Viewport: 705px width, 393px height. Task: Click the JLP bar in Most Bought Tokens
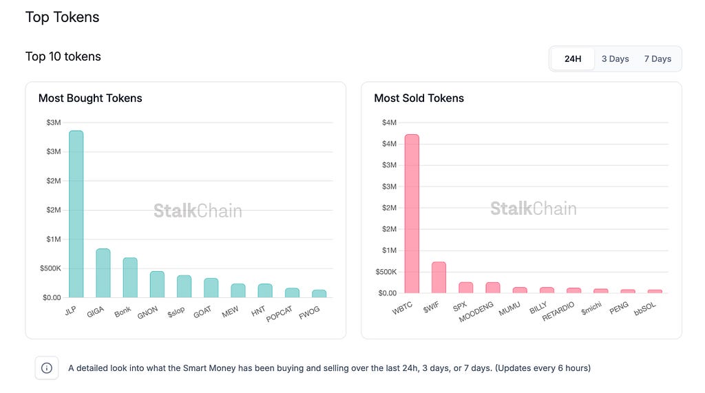tap(76, 214)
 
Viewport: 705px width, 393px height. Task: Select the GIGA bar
tap(103, 273)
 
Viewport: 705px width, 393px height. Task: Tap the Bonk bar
tap(130, 277)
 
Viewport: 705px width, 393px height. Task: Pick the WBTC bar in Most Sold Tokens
tap(412, 213)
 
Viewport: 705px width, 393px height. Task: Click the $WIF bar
tap(439, 277)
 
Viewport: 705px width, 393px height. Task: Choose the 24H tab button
tap(573, 59)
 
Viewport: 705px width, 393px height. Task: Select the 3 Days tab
tap(615, 59)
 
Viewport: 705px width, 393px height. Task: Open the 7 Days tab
tap(657, 59)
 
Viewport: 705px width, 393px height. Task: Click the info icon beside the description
tap(47, 368)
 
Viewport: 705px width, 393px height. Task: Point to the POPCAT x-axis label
tap(280, 314)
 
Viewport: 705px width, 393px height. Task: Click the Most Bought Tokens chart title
tap(90, 98)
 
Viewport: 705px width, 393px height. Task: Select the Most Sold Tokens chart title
tap(419, 98)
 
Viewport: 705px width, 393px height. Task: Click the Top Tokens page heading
tap(63, 17)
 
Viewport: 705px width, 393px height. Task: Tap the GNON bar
tap(157, 284)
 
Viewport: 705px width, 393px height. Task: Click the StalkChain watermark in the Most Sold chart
tap(533, 209)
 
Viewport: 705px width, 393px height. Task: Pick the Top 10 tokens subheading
tap(63, 56)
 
